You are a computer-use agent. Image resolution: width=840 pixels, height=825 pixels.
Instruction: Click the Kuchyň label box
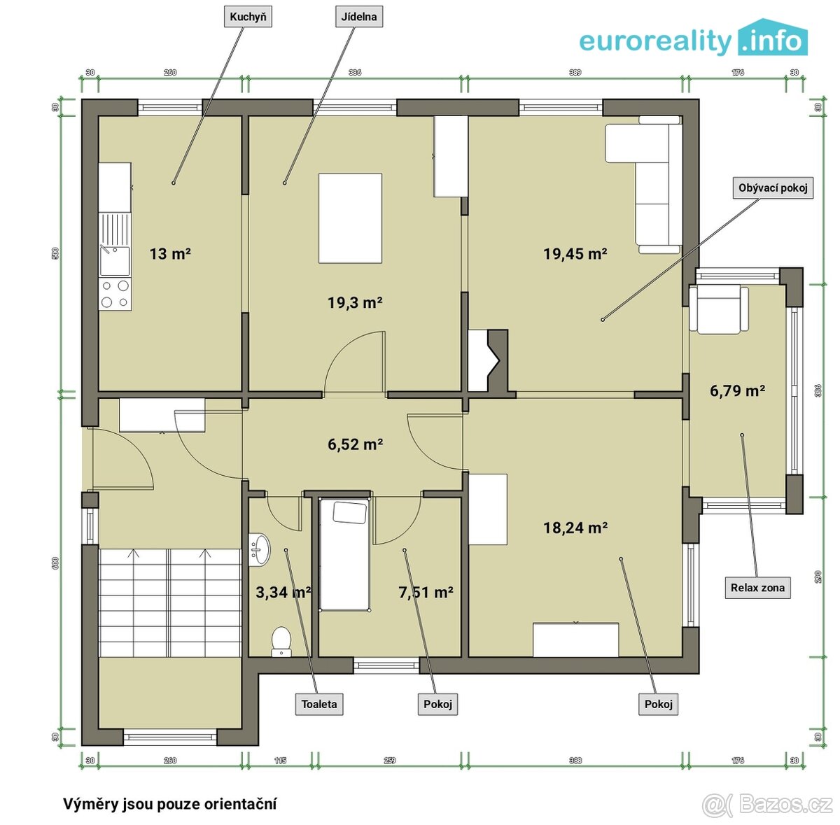click(x=248, y=17)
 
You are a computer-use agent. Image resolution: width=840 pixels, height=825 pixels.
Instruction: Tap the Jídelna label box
click(x=360, y=17)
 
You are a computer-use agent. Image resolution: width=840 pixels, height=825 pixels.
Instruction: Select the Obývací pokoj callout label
click(x=773, y=188)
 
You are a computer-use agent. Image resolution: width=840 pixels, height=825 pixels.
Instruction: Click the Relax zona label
click(x=757, y=588)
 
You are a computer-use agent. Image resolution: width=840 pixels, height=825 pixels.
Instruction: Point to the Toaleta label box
click(x=319, y=704)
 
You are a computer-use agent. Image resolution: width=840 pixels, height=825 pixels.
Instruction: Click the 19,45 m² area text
click(x=575, y=254)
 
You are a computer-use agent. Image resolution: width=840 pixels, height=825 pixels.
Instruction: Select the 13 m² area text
click(x=170, y=254)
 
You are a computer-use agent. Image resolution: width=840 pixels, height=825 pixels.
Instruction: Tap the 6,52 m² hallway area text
click(x=355, y=444)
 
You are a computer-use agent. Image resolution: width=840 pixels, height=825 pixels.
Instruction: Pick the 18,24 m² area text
click(x=575, y=528)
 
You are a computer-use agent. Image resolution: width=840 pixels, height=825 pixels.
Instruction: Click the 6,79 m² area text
click(x=737, y=391)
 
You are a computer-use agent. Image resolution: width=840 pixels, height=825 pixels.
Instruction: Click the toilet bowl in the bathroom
click(x=281, y=640)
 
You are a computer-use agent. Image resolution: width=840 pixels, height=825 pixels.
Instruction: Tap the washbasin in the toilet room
click(x=258, y=549)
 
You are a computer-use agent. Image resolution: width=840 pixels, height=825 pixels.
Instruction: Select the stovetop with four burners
click(x=115, y=293)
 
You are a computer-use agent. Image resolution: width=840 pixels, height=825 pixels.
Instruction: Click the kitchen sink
click(x=114, y=260)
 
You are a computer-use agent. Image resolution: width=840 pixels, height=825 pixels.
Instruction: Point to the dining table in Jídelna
click(x=350, y=218)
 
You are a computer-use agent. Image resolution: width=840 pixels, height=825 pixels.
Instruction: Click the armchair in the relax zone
click(x=718, y=309)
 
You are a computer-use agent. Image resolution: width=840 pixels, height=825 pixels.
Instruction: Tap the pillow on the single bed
click(x=350, y=513)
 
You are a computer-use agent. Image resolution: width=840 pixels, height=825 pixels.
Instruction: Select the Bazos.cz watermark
click(x=768, y=805)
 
